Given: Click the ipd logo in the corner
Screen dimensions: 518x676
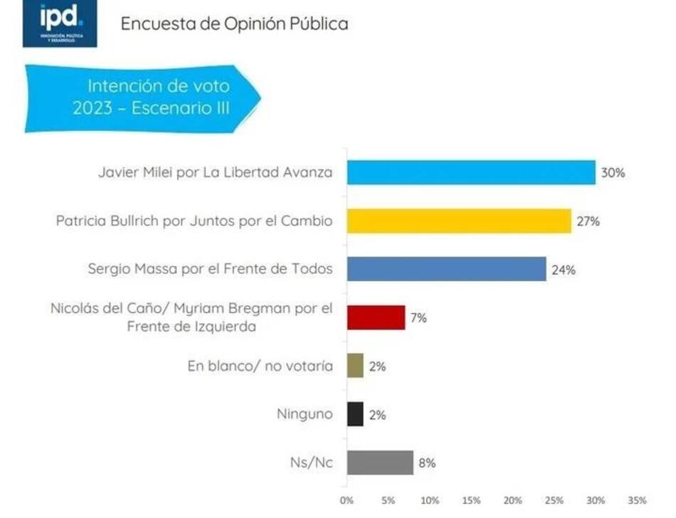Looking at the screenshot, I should [60, 23].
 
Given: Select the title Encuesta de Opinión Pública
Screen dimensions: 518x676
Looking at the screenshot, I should [234, 23].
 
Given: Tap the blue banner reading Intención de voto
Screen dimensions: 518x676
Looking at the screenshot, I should [142, 98].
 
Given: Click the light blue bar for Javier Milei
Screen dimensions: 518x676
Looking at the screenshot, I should [471, 172].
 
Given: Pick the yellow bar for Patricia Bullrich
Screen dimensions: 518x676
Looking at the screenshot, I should [459, 221].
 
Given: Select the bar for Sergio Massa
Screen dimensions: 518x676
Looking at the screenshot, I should [446, 269].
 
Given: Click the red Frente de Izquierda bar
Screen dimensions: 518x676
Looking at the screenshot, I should [376, 317].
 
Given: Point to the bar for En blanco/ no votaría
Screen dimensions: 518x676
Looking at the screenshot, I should [355, 366].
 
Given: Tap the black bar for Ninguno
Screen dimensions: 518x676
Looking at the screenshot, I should [355, 415].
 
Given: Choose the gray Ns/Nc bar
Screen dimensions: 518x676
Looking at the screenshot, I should [380, 463].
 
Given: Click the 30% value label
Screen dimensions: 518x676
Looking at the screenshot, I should [613, 173].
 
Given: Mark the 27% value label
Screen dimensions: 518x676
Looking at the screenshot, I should [588, 221].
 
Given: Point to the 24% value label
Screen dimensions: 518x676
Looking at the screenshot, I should [563, 270].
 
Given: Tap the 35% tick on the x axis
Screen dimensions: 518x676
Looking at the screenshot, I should [637, 499].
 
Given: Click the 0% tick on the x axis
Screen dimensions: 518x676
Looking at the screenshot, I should [347, 499].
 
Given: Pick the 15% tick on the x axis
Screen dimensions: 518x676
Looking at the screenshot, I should [471, 499].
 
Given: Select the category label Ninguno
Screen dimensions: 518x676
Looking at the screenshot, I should [304, 413].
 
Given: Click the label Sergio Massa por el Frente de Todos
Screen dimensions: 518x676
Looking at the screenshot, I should [210, 269].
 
